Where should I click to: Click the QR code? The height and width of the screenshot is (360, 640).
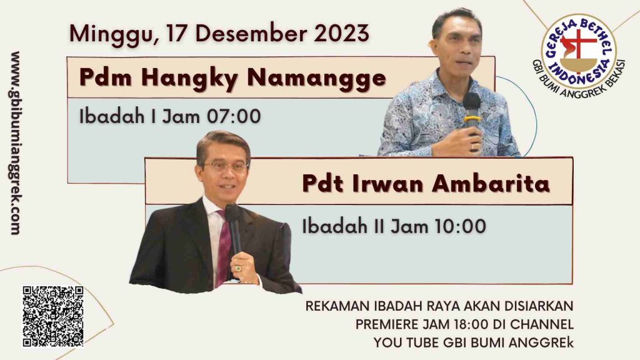[53, 316]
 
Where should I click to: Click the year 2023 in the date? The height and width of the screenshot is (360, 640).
[341, 34]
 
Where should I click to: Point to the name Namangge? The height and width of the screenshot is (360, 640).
[316, 77]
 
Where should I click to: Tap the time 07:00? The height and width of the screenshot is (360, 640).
[234, 116]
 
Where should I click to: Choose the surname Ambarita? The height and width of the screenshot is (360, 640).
[491, 183]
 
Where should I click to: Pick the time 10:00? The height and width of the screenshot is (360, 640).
[459, 226]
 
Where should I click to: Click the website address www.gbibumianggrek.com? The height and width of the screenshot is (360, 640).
[15, 143]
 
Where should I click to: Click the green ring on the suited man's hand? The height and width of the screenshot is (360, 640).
[238, 269]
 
